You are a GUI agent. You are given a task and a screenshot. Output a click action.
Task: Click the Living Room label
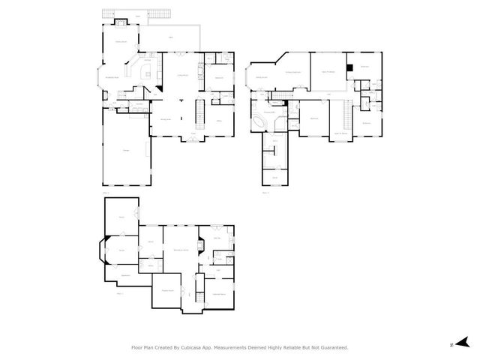pos(182,76)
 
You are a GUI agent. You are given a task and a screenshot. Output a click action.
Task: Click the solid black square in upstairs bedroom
pos(349,69)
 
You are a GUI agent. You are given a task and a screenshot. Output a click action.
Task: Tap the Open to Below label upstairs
pos(340,133)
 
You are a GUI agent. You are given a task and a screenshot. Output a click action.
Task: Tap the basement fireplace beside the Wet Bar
pos(200,244)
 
